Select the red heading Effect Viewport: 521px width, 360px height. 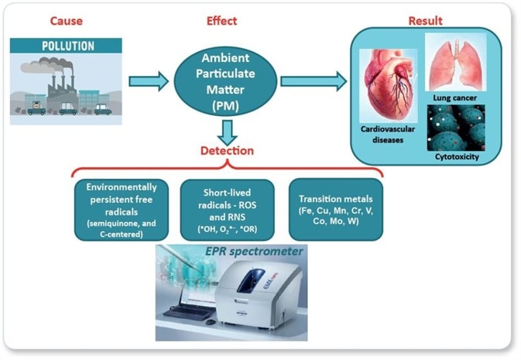(x=222, y=21)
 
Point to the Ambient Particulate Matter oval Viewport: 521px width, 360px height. (x=223, y=81)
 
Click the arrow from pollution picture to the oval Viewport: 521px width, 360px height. (x=149, y=81)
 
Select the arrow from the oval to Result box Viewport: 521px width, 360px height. (x=313, y=81)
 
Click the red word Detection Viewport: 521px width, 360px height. (x=223, y=149)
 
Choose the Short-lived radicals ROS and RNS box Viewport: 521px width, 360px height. (x=222, y=208)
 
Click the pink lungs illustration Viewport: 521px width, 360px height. (x=459, y=63)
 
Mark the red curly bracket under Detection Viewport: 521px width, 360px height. (x=223, y=167)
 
